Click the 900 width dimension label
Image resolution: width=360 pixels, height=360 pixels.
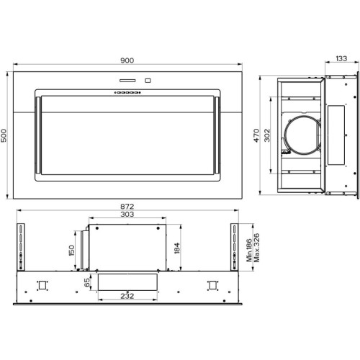coord(127,60)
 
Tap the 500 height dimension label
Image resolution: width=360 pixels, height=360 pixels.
coord(4,135)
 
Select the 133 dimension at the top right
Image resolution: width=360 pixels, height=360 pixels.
coord(341,58)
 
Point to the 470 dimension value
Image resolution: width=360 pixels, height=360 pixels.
coord(256,135)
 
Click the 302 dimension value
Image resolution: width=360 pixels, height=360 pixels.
coord(267,135)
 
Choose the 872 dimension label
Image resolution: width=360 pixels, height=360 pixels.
coord(127,207)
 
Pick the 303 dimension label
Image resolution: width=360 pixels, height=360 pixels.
coord(127,214)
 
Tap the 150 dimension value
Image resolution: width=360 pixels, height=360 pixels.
coord(71,251)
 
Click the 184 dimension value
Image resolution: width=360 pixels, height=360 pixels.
coord(176,248)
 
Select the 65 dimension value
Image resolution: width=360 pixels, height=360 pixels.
coord(87,282)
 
